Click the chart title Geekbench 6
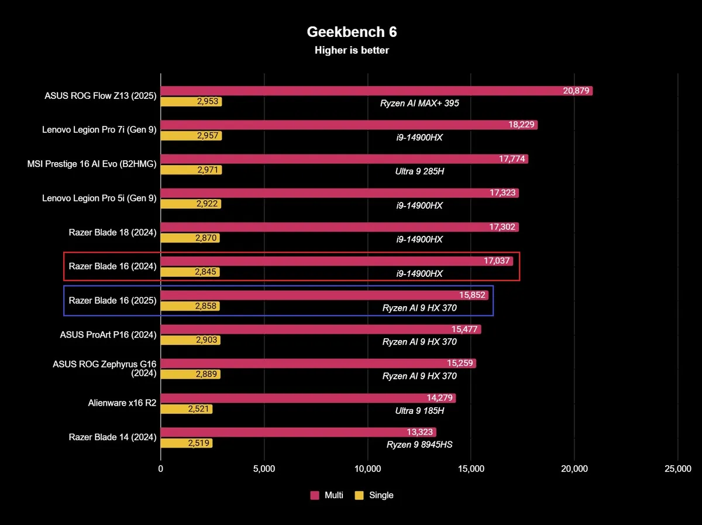[352, 32]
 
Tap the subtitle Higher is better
[352, 50]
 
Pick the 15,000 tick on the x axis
[471, 468]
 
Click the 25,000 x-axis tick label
[677, 468]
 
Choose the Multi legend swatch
[314, 495]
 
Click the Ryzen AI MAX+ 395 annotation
[419, 104]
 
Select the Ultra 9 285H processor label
[419, 171]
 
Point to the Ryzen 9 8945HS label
[419, 444]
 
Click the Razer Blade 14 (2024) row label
[112, 437]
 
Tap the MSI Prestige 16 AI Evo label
[92, 164]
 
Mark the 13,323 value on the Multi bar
[419, 432]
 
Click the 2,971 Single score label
[208, 170]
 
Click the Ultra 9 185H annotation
[419, 410]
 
